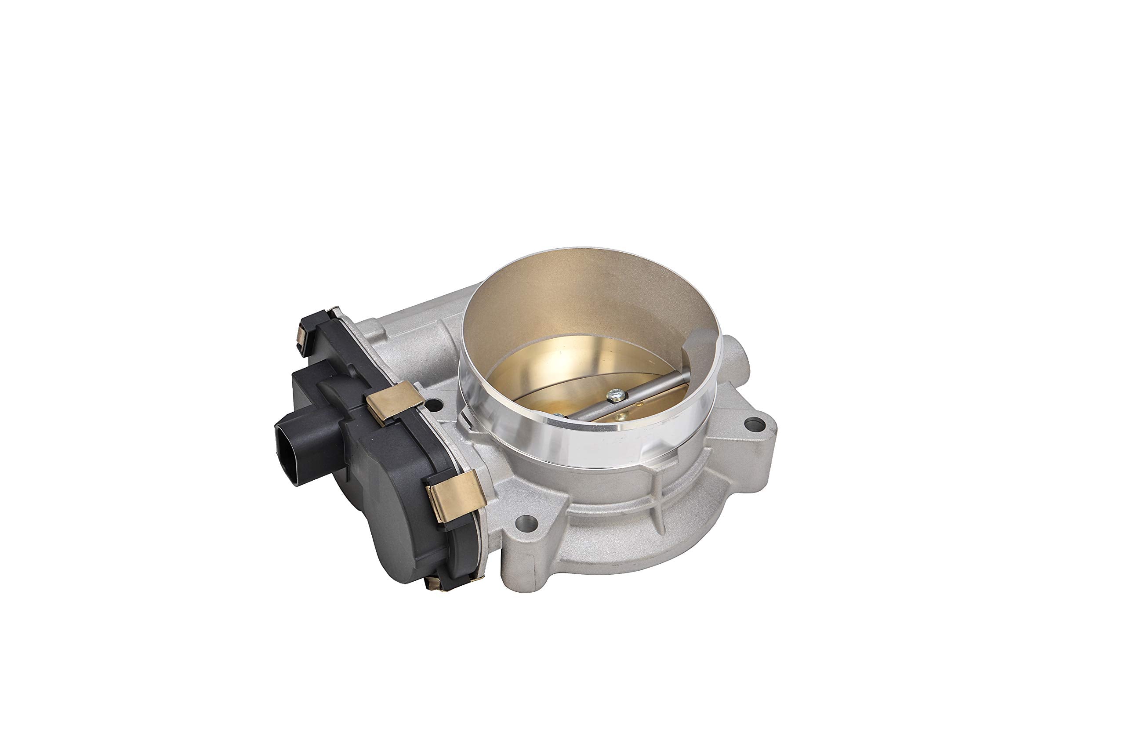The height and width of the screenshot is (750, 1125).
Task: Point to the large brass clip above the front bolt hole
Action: pos(455,496)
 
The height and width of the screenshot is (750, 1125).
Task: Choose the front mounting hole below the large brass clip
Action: pos(526,522)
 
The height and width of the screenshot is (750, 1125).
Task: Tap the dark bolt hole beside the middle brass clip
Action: pos(433,406)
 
